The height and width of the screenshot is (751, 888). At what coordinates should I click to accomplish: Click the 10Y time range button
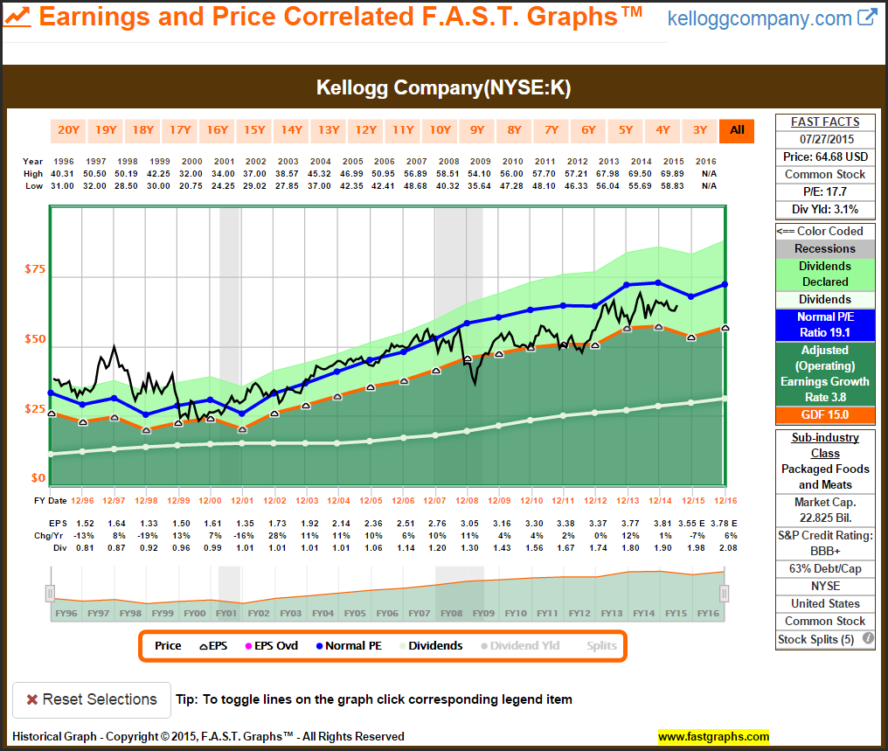(x=440, y=130)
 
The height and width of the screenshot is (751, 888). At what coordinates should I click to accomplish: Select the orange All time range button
(x=737, y=130)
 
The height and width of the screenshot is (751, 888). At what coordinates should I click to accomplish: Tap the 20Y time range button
(x=68, y=130)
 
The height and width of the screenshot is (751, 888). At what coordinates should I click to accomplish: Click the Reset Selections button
(x=91, y=699)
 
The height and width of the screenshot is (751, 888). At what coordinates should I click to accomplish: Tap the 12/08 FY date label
(x=466, y=500)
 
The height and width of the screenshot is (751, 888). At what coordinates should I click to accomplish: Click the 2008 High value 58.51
(x=448, y=173)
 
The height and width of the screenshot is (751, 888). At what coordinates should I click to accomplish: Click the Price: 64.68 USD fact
(x=825, y=156)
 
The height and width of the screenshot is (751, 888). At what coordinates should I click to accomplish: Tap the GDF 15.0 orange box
(x=825, y=415)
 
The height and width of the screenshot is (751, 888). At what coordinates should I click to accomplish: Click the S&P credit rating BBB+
(x=825, y=551)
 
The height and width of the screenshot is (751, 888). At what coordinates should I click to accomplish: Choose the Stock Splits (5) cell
(x=816, y=639)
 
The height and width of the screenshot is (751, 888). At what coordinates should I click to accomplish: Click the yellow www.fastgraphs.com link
(x=713, y=736)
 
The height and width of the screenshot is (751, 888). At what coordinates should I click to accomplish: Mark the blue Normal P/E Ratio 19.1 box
(x=825, y=325)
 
